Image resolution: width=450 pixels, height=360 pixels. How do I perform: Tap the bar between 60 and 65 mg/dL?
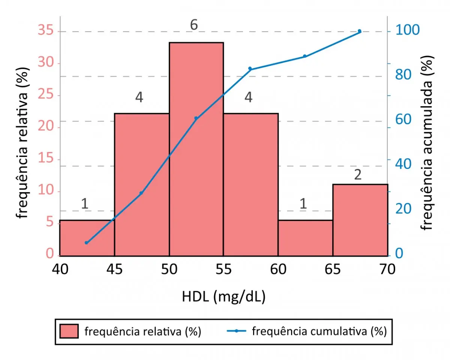305,238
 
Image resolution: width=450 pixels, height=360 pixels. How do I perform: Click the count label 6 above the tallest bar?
193,25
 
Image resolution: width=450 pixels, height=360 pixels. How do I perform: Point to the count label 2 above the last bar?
358,175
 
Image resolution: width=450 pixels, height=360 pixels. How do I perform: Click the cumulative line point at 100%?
359,31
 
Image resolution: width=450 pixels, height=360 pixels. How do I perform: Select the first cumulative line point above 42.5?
86,243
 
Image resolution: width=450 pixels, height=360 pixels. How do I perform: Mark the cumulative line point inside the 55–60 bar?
250,69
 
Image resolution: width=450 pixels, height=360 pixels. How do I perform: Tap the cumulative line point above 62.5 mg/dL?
304,56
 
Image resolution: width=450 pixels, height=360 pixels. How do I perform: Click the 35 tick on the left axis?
46,32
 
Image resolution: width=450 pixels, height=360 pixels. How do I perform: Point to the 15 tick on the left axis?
46,160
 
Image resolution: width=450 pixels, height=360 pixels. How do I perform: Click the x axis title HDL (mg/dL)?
223,297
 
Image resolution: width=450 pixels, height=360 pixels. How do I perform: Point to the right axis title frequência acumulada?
427,143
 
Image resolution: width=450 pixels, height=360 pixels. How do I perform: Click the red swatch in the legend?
69,331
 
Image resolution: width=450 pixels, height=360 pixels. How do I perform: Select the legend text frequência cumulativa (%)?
319,331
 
